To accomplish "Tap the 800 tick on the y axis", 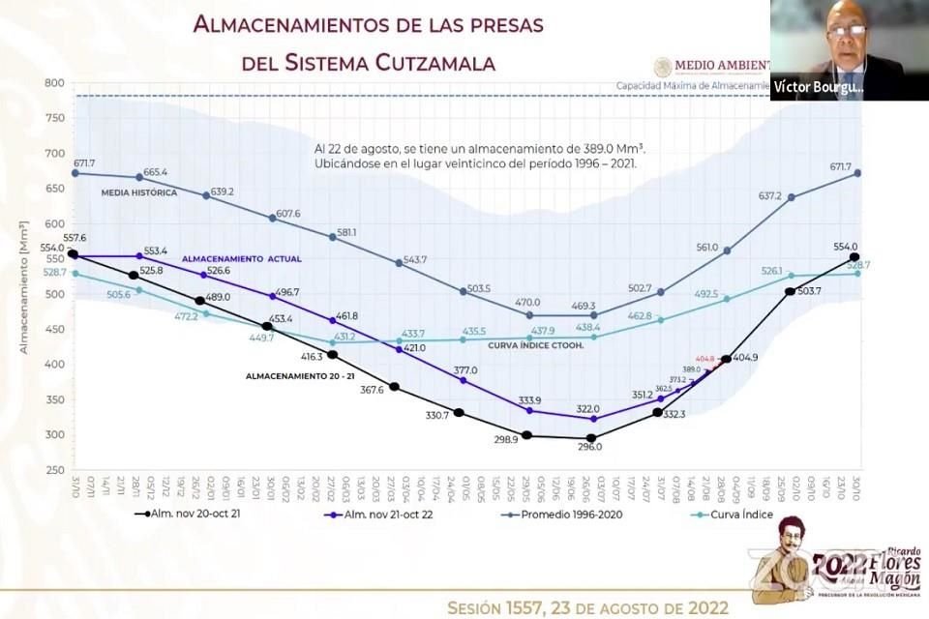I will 53,83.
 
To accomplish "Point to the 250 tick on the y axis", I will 53,470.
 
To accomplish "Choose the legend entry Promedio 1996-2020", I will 571,515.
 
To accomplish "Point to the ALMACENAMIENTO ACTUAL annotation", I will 242,259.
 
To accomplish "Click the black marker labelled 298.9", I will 527,435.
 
